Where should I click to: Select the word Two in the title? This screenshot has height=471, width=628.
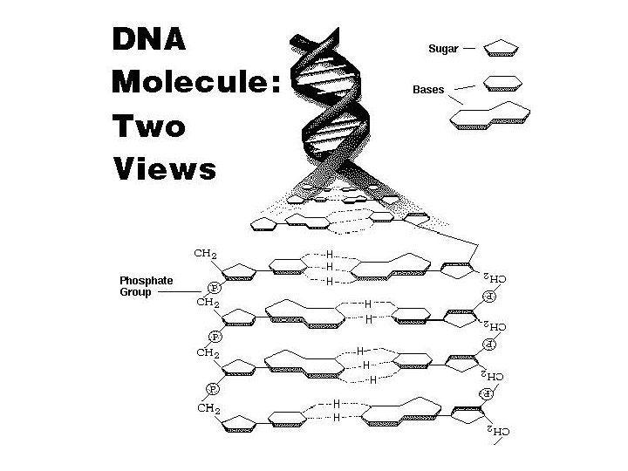[x=149, y=126]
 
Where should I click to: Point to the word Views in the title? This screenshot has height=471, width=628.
[x=164, y=167]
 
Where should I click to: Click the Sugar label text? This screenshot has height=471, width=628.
[x=442, y=49]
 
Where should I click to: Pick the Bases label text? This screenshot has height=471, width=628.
[x=427, y=90]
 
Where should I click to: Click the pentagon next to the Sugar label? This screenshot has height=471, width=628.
[x=501, y=46]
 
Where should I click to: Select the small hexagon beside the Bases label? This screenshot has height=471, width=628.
[x=502, y=83]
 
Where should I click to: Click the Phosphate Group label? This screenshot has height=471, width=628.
[x=146, y=286]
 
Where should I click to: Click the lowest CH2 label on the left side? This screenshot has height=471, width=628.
[x=207, y=407]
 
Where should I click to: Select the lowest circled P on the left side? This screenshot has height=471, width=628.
[x=211, y=387]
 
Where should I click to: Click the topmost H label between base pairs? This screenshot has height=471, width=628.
[x=329, y=255]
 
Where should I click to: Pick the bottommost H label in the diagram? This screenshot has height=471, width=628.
[x=336, y=418]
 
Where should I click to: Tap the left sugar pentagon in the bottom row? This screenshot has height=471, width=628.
[x=241, y=422]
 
